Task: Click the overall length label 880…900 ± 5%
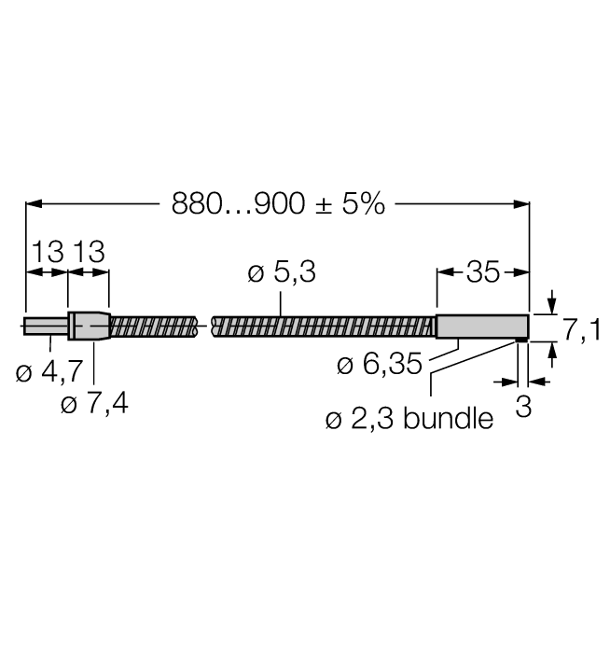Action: [x=278, y=204]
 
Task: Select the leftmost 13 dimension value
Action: [x=48, y=252]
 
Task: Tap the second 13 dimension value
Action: [x=89, y=252]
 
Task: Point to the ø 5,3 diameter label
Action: [x=282, y=272]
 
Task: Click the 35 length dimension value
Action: [x=482, y=272]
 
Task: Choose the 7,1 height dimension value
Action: [x=582, y=330]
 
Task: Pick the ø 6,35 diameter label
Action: [x=380, y=364]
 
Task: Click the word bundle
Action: [x=449, y=418]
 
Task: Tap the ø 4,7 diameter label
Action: [x=49, y=371]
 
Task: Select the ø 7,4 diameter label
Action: [x=94, y=403]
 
